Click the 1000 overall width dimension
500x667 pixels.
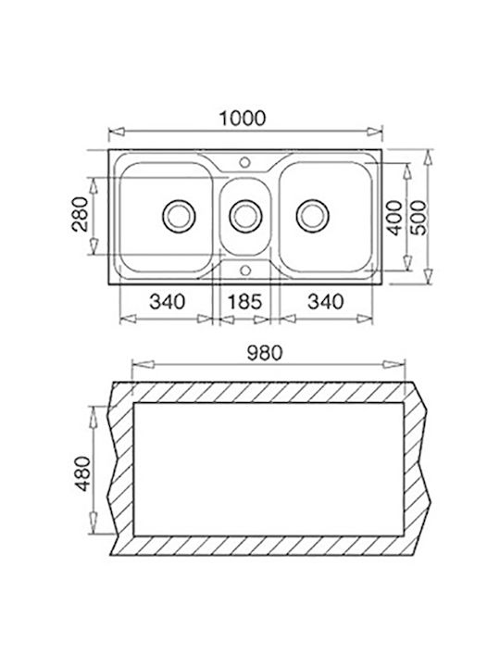tap(242, 119)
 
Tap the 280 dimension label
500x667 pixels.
tap(80, 214)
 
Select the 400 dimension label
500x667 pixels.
tap(395, 218)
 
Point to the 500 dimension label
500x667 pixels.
tap(419, 218)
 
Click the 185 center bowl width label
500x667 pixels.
tap(244, 302)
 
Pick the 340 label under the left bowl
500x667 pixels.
tap(167, 302)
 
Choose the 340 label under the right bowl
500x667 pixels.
tap(325, 302)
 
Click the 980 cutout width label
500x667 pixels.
tap(264, 353)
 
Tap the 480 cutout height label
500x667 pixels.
tap(83, 474)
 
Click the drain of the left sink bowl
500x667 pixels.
tap(179, 216)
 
